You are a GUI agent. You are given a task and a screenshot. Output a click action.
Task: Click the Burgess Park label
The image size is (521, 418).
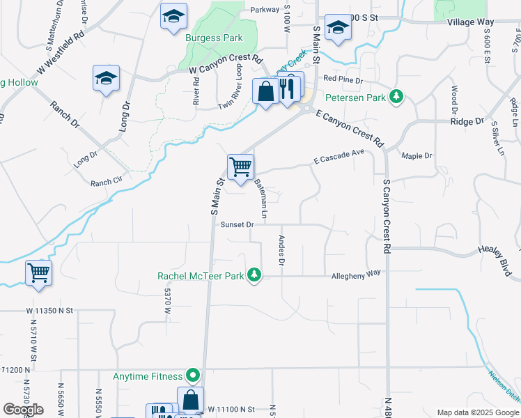(x=214, y=38)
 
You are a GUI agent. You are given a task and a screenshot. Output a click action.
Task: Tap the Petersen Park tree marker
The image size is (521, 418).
(x=396, y=96)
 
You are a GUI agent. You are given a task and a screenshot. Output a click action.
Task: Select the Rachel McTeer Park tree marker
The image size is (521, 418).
(x=255, y=275)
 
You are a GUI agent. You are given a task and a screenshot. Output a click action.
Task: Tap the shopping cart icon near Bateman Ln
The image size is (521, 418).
(x=240, y=167)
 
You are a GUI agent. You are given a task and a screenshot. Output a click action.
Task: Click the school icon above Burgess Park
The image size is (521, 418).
(x=173, y=17)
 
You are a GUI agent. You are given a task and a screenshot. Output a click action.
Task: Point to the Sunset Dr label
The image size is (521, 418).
(x=237, y=225)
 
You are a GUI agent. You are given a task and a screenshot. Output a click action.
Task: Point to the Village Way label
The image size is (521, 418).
(x=471, y=22)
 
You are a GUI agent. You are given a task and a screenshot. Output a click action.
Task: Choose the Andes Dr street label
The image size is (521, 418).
(x=282, y=249)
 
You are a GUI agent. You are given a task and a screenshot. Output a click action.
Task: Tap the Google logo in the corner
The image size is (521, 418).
(x=23, y=409)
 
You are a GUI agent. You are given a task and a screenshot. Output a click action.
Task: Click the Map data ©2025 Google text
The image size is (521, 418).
(x=477, y=412)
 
